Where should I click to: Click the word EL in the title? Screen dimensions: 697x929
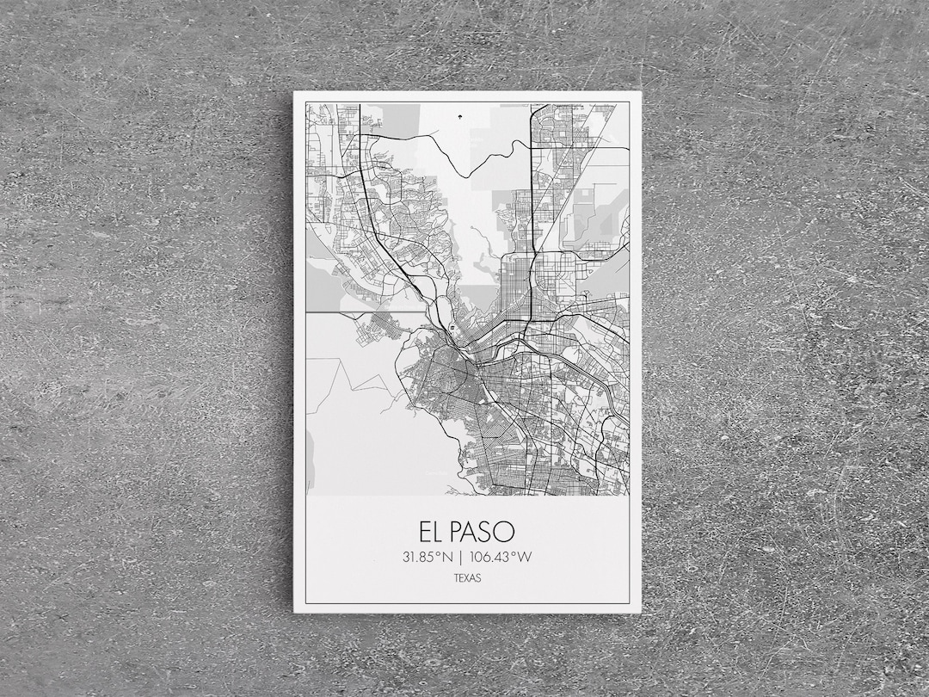click(x=433, y=531)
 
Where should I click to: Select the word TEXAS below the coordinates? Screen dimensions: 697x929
click(x=467, y=578)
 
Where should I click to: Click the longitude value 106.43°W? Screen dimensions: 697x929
click(x=501, y=557)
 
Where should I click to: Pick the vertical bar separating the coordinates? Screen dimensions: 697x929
click(x=462, y=557)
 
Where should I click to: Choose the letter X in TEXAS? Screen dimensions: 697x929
click(x=467, y=578)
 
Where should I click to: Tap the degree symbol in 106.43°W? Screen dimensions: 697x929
click(x=517, y=553)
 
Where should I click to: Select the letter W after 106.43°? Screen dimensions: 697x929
click(x=526, y=557)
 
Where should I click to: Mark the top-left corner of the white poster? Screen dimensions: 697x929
click(x=294, y=92)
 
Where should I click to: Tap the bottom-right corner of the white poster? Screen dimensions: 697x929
click(x=641, y=612)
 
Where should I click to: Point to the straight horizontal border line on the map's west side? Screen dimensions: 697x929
click(x=361, y=312)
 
